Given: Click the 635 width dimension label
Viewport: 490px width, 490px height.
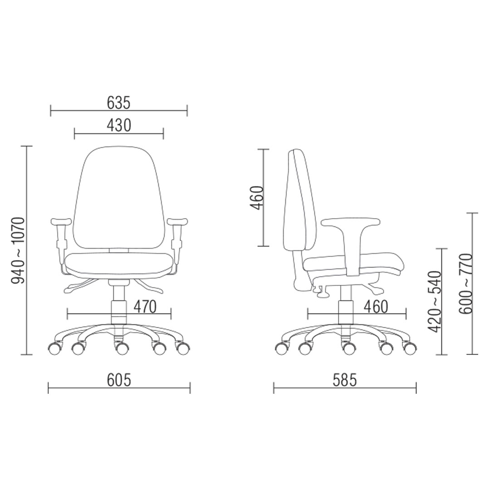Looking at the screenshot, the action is point(118,103).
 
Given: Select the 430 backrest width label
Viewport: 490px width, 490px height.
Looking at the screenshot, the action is point(119,125).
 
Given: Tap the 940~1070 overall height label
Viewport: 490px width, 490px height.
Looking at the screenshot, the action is point(18,250).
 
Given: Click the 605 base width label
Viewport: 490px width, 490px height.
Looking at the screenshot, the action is point(119,380).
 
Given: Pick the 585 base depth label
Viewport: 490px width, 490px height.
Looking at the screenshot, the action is point(345,380).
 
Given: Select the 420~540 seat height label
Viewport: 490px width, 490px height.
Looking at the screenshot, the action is point(434,302).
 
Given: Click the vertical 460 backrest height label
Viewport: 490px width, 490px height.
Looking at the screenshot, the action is point(257,198).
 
